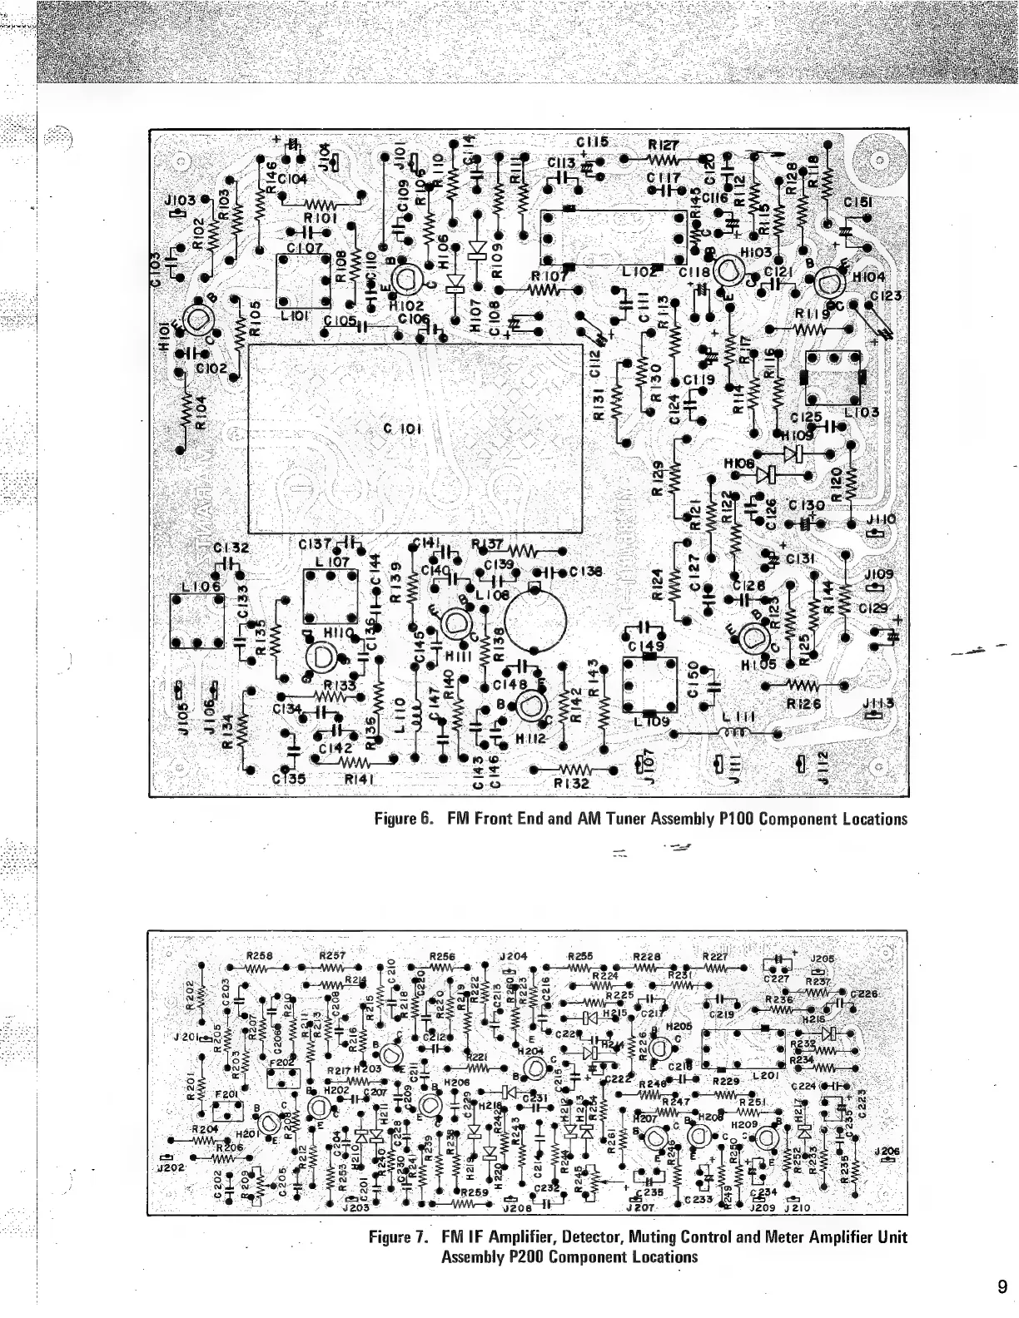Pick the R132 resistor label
point(571,783)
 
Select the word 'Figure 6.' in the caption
point(404,819)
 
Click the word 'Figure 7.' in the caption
point(399,1237)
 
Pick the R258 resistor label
point(261,955)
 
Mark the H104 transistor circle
point(829,285)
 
